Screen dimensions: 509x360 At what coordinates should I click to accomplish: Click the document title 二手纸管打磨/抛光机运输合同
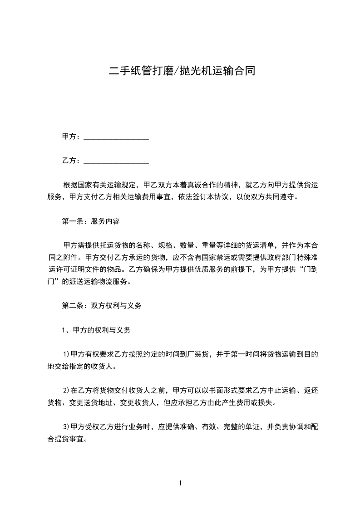[x=180, y=71]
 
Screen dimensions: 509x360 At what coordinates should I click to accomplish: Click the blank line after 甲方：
[x=117, y=137]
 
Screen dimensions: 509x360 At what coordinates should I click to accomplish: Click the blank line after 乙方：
[x=117, y=161]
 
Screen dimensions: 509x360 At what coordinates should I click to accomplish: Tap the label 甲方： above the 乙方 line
[x=71, y=137]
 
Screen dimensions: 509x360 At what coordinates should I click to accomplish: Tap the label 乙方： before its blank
[x=71, y=161]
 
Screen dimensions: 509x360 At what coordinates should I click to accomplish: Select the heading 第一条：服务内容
[x=90, y=222]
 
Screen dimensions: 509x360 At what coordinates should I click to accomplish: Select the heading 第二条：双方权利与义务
[x=101, y=306]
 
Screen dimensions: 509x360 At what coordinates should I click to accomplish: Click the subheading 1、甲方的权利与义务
[x=96, y=330]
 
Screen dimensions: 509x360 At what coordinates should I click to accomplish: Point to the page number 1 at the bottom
[x=181, y=483]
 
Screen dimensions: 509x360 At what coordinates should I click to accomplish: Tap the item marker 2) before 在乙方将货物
[x=66, y=390]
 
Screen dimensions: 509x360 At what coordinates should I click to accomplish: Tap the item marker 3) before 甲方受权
[x=66, y=427]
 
